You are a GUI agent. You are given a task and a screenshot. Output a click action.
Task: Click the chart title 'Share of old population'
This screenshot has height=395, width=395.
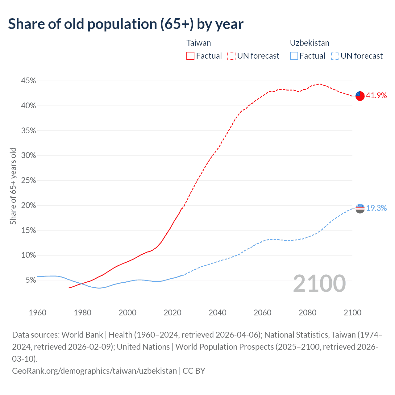(126, 24)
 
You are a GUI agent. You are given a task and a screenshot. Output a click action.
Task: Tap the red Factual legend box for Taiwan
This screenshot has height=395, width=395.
(190, 56)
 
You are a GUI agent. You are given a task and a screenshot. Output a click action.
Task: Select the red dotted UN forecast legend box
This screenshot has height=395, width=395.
(231, 56)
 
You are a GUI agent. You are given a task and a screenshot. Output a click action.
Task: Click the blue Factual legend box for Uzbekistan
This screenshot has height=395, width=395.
(294, 56)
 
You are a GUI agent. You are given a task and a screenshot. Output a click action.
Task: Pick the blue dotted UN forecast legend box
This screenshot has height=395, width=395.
(335, 56)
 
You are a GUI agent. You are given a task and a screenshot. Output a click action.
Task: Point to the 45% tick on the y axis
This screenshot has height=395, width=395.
(29, 81)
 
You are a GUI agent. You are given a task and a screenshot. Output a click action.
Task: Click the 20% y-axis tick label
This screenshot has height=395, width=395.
(29, 206)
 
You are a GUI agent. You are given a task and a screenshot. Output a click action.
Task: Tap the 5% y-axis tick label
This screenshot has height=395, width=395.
(31, 280)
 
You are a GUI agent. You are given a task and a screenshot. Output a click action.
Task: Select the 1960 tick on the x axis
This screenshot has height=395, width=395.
(37, 313)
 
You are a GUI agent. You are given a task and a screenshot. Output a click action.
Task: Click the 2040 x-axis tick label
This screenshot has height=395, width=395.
(218, 313)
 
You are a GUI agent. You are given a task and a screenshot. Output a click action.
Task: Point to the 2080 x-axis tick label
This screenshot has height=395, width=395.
(308, 313)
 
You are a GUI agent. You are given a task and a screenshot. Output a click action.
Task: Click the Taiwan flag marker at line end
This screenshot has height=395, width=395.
(360, 96)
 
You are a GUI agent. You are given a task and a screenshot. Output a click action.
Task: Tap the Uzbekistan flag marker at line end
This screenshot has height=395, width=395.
(360, 209)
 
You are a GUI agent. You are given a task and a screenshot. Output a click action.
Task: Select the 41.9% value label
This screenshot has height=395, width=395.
(376, 96)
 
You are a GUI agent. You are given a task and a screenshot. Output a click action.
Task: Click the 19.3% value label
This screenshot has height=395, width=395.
(376, 208)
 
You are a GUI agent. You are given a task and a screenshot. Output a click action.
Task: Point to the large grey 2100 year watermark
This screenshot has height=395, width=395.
(319, 284)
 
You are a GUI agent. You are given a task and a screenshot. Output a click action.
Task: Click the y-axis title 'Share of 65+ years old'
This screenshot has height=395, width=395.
(13, 186)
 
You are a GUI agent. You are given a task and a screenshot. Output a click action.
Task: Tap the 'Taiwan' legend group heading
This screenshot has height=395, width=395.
(199, 43)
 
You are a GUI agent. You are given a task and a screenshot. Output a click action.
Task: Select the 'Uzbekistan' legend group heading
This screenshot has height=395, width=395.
(310, 43)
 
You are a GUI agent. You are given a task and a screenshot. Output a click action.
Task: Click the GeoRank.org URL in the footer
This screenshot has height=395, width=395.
(94, 371)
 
